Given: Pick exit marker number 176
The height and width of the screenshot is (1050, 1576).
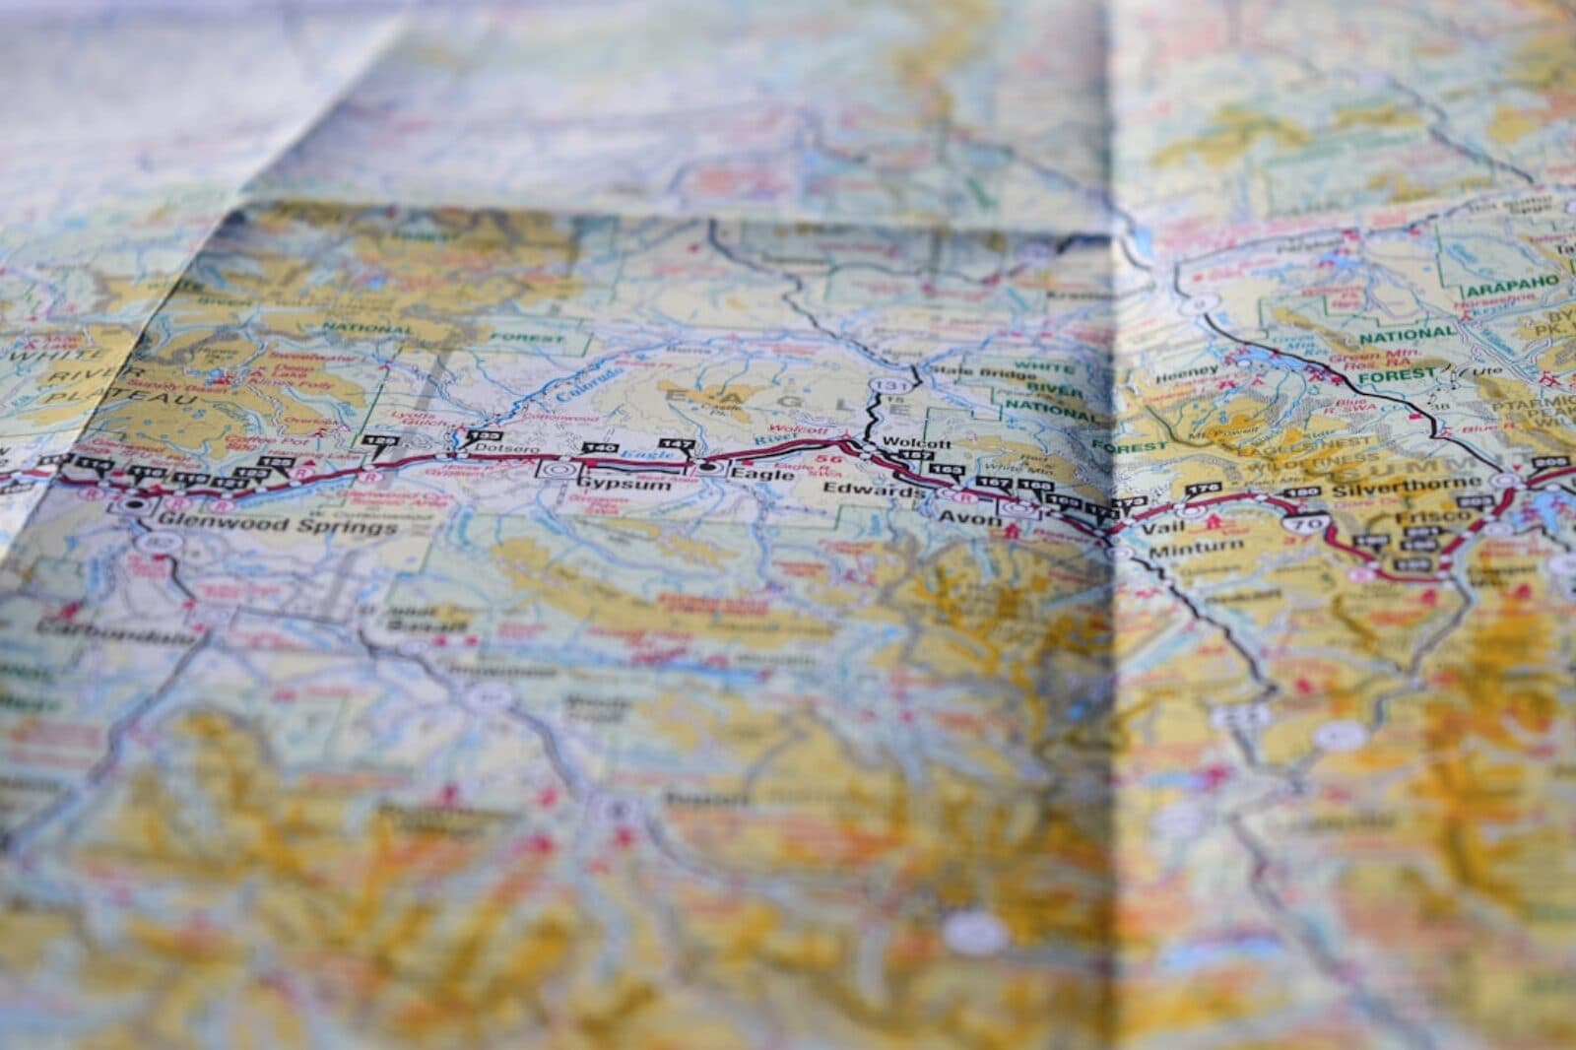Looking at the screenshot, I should (x=1199, y=489).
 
